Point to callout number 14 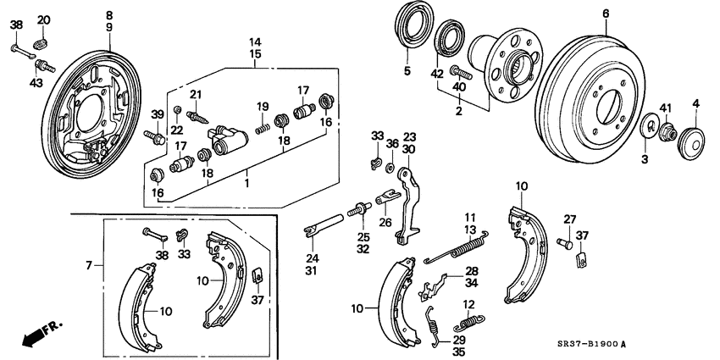255,41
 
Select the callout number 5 407,71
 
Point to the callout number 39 157,115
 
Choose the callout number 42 437,74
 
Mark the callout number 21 195,93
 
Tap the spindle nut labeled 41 666,132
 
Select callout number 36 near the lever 391,144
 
